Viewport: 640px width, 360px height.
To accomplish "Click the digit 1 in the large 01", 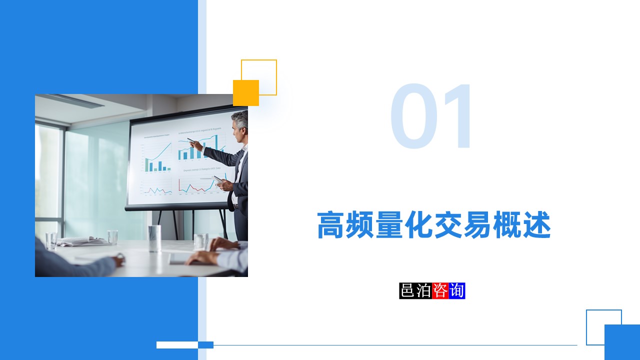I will pos(456,116).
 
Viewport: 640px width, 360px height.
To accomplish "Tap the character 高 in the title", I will pos(331,225).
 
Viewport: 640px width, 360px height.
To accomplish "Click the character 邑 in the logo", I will pos(407,290).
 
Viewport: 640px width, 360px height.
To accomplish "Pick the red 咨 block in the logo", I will pos(440,290).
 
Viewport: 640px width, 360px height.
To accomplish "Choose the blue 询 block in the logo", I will pos(457,290).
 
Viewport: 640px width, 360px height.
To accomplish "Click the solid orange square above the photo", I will pos(246,93).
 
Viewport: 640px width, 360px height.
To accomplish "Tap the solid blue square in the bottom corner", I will pos(622,342).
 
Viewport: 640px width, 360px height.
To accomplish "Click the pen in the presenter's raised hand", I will pos(191,140).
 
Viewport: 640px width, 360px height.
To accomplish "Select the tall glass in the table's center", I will pos(154,238).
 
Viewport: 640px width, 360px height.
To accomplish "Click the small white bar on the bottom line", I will pos(177,344).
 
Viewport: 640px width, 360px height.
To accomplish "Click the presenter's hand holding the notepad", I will pos(223,184).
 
